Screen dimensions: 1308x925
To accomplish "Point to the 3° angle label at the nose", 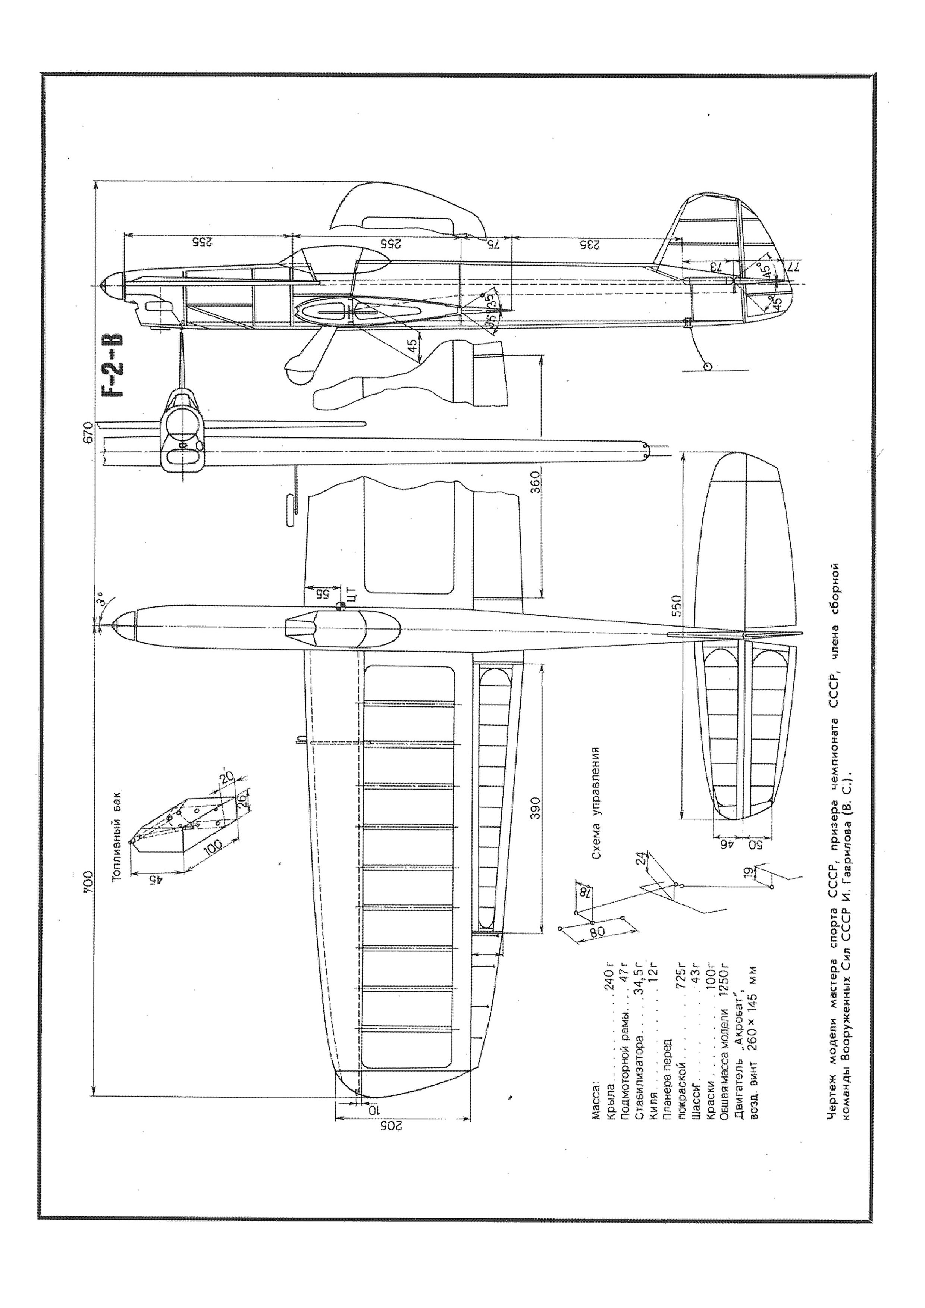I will [x=100, y=602].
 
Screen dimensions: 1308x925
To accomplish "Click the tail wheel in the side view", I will [x=707, y=366].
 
